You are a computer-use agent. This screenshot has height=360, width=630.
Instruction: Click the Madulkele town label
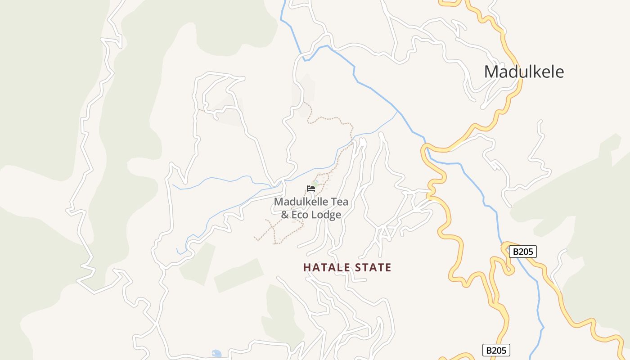click(x=524, y=72)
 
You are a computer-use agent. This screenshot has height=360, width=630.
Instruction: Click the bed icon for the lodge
click(x=310, y=188)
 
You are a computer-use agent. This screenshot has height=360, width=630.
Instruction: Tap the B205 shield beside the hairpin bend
click(x=522, y=252)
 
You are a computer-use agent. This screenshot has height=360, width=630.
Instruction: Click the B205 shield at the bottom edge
click(x=496, y=350)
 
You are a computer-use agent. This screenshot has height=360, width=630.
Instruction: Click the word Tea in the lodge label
click(x=340, y=202)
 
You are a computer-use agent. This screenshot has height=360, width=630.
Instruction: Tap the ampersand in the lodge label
click(x=285, y=215)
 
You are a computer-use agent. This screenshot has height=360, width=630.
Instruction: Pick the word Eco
click(x=301, y=215)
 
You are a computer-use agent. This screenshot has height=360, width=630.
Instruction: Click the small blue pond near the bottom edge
click(x=216, y=353)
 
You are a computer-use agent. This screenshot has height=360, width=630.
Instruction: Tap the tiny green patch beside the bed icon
click(x=316, y=184)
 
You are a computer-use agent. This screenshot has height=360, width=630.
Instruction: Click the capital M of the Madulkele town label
click(x=491, y=72)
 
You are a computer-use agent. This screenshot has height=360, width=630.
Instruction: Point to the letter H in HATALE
click(x=307, y=268)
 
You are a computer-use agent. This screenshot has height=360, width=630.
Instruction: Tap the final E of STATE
click(x=388, y=268)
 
